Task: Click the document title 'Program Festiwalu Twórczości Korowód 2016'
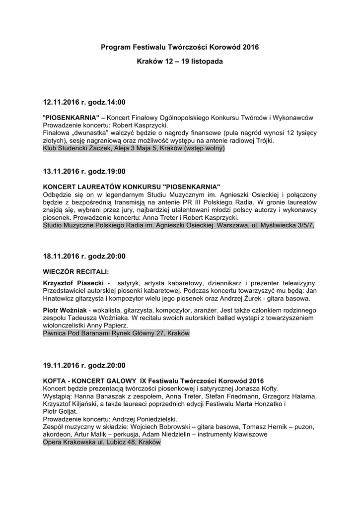(180, 47)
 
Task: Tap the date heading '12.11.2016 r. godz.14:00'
(84, 102)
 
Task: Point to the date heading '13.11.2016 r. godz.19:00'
(84, 172)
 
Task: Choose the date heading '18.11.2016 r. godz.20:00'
(84, 256)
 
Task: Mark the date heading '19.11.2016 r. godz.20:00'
(84, 366)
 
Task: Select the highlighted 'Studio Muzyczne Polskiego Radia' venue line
(179, 225)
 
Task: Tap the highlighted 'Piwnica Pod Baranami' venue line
(116, 334)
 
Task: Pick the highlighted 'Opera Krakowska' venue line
(102, 443)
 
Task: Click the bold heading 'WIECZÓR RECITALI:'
(76, 271)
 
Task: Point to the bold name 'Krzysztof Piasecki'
(73, 282)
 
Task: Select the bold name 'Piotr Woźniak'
(65, 310)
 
